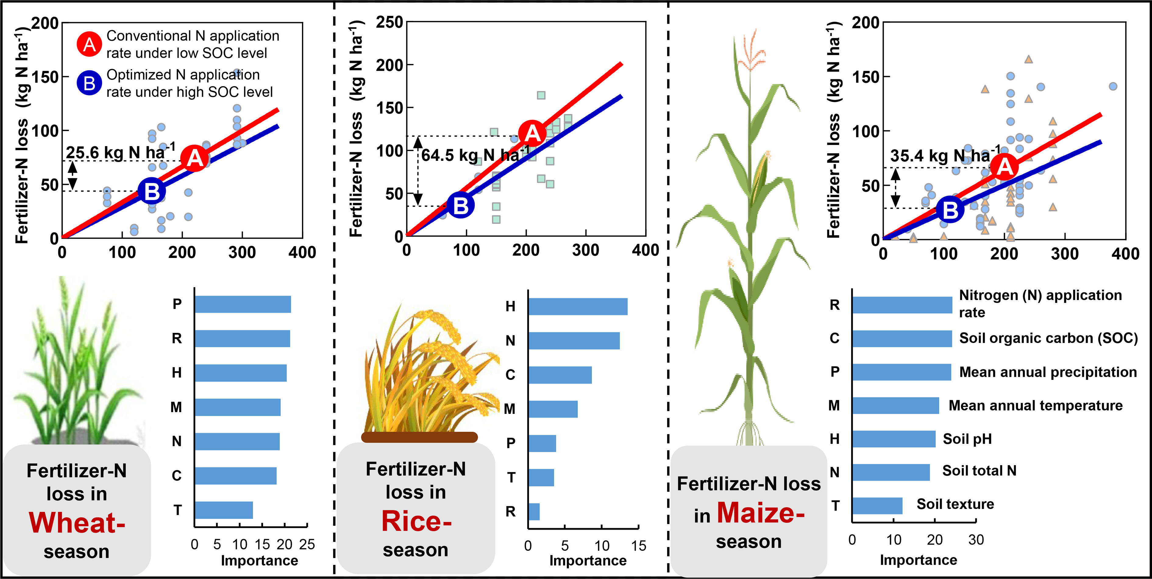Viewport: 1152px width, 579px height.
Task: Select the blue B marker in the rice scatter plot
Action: (460, 205)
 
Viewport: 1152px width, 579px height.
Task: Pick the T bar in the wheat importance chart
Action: (224, 510)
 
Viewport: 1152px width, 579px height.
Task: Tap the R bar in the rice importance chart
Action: (534, 511)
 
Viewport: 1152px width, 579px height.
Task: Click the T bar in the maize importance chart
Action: (877, 506)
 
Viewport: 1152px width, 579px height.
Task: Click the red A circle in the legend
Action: (89, 44)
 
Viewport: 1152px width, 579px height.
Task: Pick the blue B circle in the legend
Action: (89, 83)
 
